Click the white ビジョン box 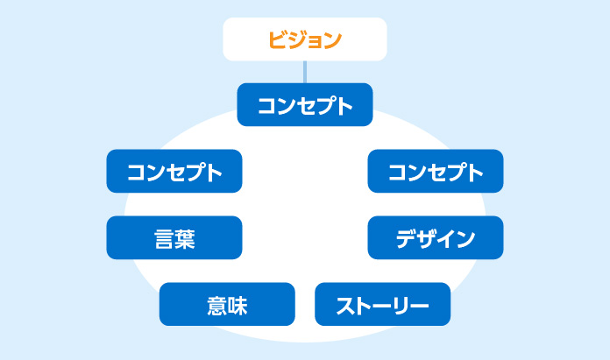[x=305, y=39]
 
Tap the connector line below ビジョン [x=305, y=72]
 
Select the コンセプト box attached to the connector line [x=305, y=104]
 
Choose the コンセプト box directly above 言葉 [x=174, y=171]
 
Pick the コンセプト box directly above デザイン [x=436, y=171]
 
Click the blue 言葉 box [x=174, y=237]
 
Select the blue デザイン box [x=436, y=237]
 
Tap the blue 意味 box [x=227, y=304]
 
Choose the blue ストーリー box [x=382, y=304]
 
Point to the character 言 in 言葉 [x=164, y=239]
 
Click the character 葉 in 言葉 [x=185, y=239]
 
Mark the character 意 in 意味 [x=216, y=306]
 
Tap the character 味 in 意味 [x=238, y=306]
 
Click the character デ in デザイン [x=407, y=238]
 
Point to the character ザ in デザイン [x=426, y=238]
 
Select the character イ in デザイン [x=446, y=239]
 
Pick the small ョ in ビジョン [x=315, y=41]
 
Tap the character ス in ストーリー [x=344, y=306]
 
